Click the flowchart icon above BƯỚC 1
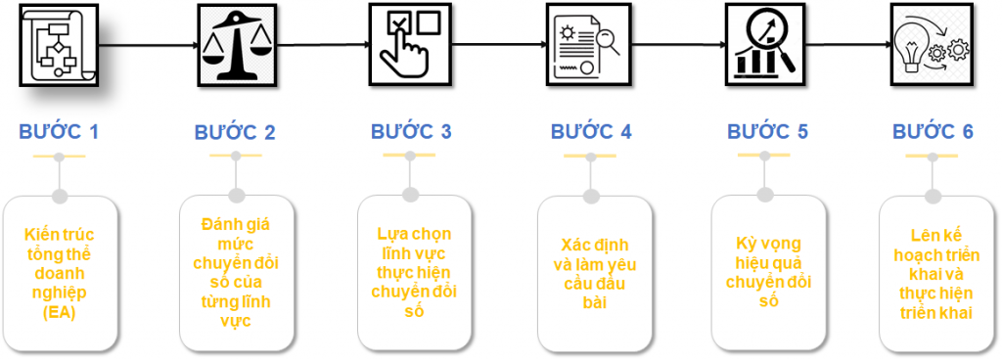pos(59,45)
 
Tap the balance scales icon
pos(237,45)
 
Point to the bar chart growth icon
pos(765,43)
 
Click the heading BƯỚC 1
pos(59,132)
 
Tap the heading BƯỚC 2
pos(235,132)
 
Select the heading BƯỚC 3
pos(412,131)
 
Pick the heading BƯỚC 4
pos(591,131)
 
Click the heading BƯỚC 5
pos(767,131)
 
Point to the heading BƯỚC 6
pos(933,131)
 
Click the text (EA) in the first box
pos(60,313)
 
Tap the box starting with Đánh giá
pos(236,273)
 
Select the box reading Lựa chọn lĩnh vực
pos(414,273)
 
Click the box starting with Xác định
pos(594,274)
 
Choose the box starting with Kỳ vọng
pos(768,273)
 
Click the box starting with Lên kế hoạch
pos(935,274)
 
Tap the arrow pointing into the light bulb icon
pos(849,45)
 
